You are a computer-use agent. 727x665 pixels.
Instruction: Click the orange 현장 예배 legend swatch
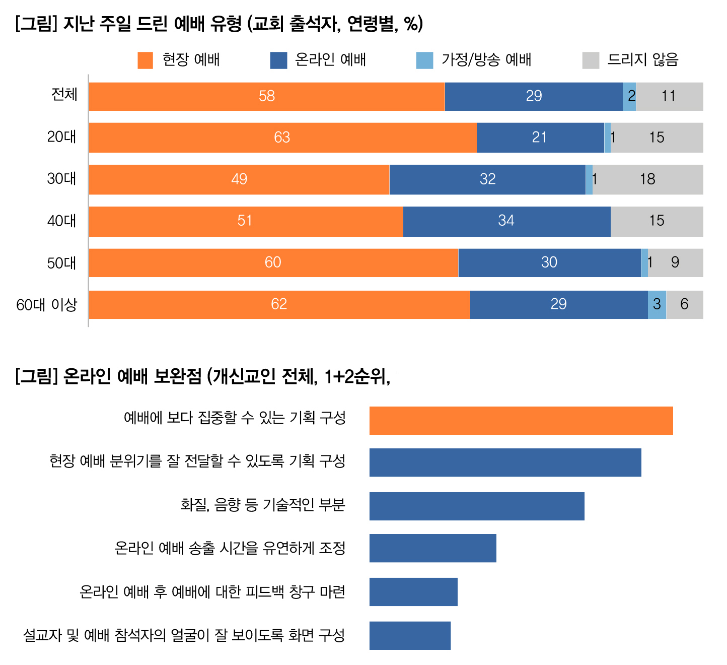click(x=145, y=60)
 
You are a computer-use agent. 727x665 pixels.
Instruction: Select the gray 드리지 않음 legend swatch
click(x=591, y=60)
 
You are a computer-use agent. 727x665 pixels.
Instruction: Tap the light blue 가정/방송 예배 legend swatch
click(x=424, y=60)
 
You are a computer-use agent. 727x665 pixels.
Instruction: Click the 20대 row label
click(x=61, y=137)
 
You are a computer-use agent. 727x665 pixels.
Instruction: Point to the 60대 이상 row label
click(x=46, y=305)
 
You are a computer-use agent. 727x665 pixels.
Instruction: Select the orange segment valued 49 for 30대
click(x=239, y=179)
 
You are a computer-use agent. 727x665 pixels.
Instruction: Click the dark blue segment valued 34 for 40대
click(x=506, y=221)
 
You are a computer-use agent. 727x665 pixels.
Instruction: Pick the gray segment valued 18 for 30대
click(x=647, y=179)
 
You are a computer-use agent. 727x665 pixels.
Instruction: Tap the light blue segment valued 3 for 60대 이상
click(x=657, y=305)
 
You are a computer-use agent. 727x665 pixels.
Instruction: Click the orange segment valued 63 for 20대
click(x=282, y=138)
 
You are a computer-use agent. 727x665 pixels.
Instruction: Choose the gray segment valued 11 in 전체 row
click(x=669, y=96)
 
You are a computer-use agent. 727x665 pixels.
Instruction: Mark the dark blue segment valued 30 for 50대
click(x=549, y=262)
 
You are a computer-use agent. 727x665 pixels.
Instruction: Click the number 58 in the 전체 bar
click(x=267, y=96)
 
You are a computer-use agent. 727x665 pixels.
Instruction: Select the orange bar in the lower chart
click(x=521, y=420)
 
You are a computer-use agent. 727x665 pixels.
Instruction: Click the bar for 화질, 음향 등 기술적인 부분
click(x=477, y=506)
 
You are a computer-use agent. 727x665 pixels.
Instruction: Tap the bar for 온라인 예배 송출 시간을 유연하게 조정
click(x=432, y=548)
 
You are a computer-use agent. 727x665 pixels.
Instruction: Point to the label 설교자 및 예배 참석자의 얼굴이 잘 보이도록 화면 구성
click(x=184, y=635)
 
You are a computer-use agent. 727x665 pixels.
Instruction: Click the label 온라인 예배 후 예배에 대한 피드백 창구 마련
click(x=212, y=591)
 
